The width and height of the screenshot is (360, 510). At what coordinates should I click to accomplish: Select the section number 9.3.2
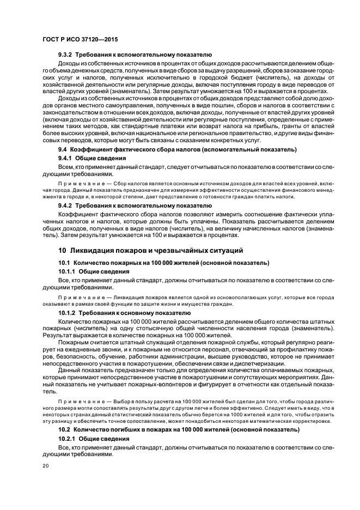(x=65, y=55)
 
